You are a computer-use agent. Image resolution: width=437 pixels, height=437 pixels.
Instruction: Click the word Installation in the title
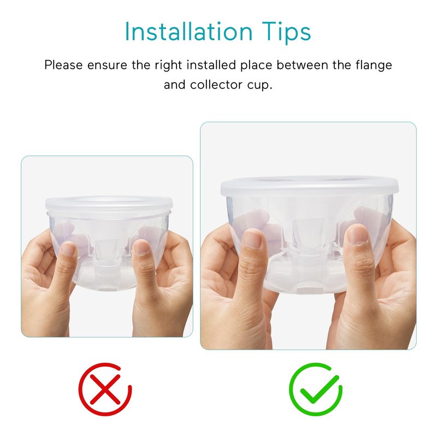coord(188,31)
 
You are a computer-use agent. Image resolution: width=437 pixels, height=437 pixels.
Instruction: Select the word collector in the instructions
coord(216,85)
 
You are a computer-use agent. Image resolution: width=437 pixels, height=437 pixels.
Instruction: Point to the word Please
coord(63,65)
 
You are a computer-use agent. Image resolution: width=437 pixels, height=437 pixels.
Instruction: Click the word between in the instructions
coord(302,65)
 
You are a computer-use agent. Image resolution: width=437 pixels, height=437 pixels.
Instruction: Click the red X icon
coord(105,389)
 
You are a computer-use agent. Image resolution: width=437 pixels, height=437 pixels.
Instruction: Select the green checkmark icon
coord(316,389)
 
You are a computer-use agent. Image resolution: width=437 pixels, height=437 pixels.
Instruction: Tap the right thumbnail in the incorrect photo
coord(141,247)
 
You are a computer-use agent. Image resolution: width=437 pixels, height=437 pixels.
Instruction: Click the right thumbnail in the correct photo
coord(358,234)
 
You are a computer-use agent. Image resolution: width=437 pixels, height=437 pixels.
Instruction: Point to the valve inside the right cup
coord(308,232)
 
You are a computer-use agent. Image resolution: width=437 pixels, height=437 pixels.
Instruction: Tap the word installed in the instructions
coord(211,65)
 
